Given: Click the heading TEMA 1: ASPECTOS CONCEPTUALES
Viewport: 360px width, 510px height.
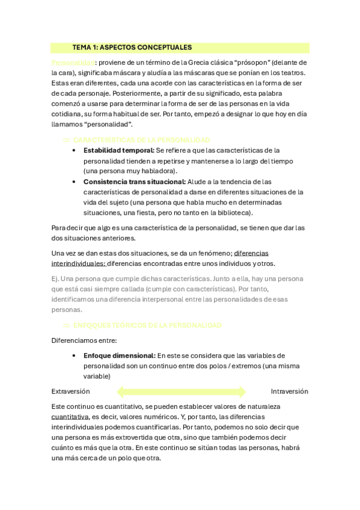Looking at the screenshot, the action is tap(132, 48).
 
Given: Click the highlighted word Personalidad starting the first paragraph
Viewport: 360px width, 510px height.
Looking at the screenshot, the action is tap(73, 62).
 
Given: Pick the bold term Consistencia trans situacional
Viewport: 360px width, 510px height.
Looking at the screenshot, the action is tap(135, 182).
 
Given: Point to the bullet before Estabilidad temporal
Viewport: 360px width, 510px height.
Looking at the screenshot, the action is tap(73, 151).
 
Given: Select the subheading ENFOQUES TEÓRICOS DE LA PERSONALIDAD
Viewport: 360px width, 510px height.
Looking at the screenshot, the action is tap(147, 325).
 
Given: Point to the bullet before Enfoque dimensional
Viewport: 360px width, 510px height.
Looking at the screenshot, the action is tap(73, 356).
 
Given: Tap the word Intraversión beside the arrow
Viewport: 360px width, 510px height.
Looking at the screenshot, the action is tap(289, 391).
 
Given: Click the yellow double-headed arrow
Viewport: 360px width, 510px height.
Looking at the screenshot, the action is tap(181, 392).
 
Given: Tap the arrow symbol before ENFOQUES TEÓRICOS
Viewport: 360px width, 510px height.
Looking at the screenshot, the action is tap(66, 325).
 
